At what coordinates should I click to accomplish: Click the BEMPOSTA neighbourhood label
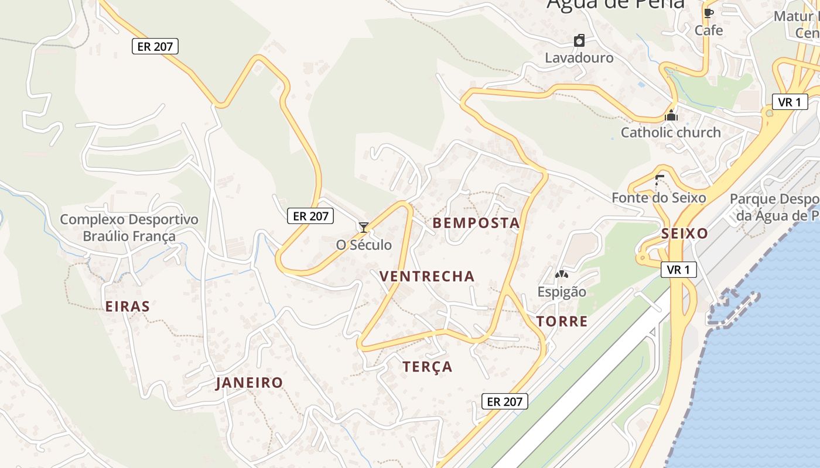[476, 223]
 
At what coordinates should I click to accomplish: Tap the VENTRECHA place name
[427, 276]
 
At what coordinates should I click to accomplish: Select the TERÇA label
[428, 367]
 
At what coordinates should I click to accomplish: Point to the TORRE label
[562, 321]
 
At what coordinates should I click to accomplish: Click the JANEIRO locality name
[250, 383]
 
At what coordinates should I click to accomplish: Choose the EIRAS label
[128, 306]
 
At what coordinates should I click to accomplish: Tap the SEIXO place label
[685, 233]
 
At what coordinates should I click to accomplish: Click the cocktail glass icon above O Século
[364, 227]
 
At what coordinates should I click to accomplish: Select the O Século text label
[364, 245]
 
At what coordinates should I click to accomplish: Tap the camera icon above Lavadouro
[579, 40]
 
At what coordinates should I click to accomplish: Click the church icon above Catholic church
[671, 115]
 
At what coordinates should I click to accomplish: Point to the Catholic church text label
[671, 132]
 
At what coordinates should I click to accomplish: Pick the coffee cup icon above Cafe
[709, 13]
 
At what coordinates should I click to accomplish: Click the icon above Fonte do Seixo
[660, 180]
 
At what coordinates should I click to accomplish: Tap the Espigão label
[562, 291]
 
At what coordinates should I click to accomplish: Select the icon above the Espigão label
[562, 274]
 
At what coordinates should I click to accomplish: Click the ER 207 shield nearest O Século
[310, 216]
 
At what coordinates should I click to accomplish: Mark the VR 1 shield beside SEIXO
[679, 270]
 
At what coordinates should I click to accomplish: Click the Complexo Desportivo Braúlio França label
[129, 228]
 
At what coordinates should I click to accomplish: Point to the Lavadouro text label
[579, 58]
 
